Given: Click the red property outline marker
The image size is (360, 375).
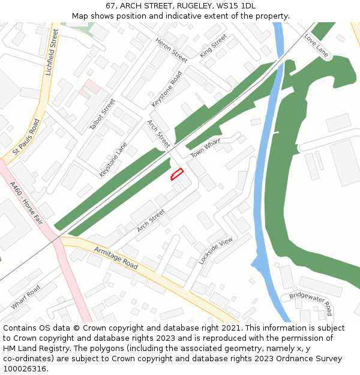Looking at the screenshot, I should [176, 174].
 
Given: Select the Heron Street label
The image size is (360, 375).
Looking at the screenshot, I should [172, 50].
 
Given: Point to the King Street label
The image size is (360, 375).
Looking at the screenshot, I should [214, 46].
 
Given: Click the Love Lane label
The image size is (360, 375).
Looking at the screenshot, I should [317, 46].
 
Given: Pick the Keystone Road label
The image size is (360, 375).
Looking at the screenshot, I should [167, 89].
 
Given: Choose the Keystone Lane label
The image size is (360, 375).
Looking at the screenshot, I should [113, 159].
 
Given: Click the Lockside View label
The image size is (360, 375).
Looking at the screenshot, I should [215, 251].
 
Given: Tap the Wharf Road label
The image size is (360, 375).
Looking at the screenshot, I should [25, 297].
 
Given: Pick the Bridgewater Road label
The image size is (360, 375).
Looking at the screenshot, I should [311, 304].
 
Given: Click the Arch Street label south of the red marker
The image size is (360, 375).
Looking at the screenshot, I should [151, 220].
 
